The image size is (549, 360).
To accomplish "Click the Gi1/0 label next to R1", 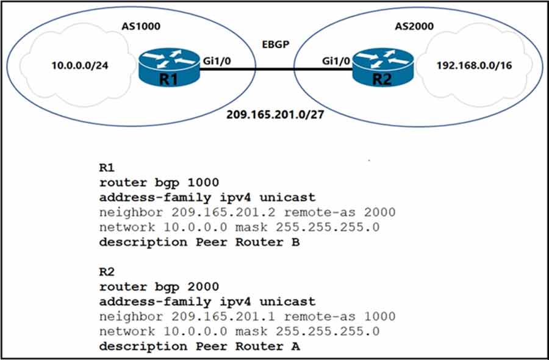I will click(x=220, y=60).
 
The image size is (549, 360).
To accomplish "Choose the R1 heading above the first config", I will click(x=106, y=167).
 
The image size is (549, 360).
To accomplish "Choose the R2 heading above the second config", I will click(x=106, y=272).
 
